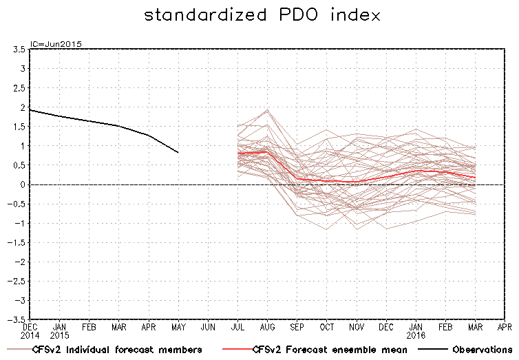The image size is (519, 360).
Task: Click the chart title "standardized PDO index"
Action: coord(262,15)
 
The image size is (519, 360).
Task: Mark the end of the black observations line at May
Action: coord(178,152)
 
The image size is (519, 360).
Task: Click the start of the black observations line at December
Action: coord(30,110)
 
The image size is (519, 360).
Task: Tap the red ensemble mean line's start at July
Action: coord(237,153)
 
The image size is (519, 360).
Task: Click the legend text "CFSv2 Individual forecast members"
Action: coord(117,350)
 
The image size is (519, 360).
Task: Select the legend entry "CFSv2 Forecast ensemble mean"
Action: coord(330,350)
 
